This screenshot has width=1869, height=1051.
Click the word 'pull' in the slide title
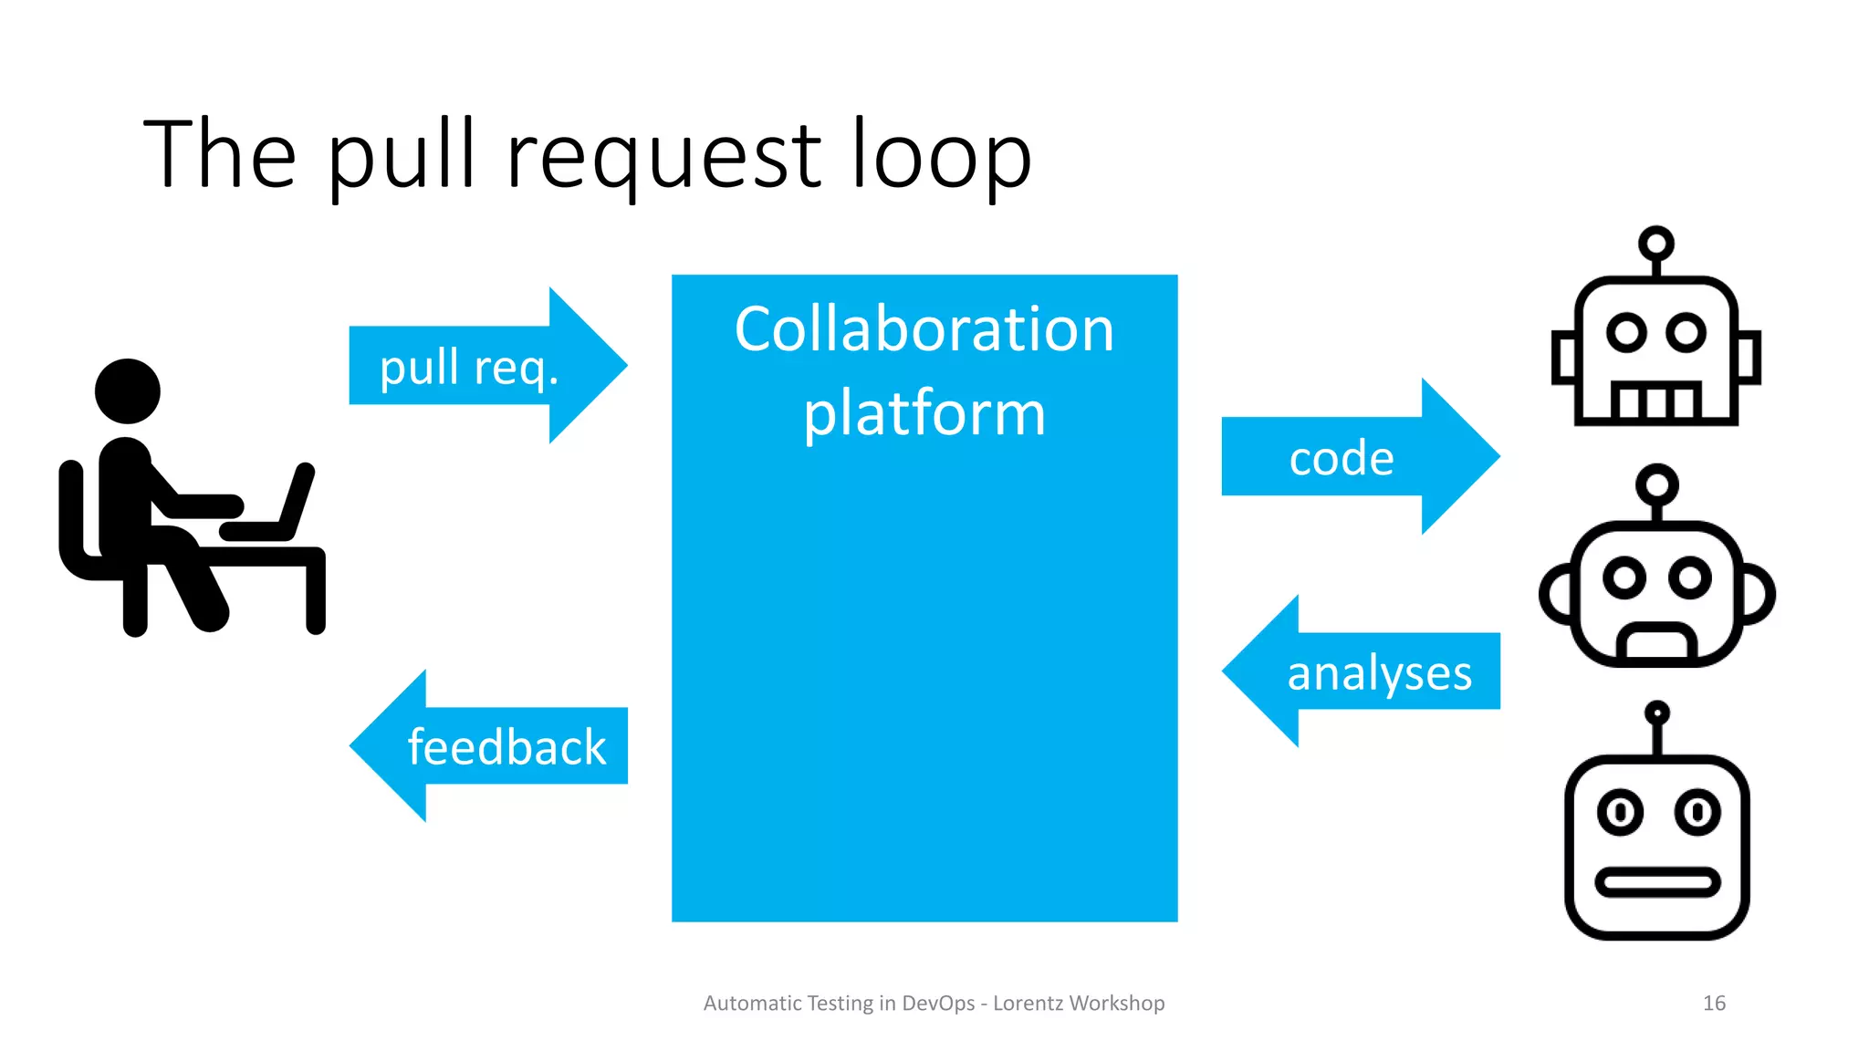tap(402, 155)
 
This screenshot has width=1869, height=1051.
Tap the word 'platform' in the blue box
tap(924, 412)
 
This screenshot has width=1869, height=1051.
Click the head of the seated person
tap(128, 391)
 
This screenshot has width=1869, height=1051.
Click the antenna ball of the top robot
tap(1655, 244)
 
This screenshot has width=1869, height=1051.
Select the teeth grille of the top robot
tap(1655, 401)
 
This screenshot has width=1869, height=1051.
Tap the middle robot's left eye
tap(1624, 578)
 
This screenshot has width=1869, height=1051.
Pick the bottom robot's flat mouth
tap(1656, 882)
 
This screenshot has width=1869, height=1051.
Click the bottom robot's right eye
tap(1697, 811)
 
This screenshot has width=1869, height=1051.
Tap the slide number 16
tap(1714, 1003)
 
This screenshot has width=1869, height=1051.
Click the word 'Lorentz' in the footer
tap(1028, 1003)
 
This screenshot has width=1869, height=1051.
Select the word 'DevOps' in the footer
tap(938, 1003)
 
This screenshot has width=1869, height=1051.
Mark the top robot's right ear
tap(1748, 358)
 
